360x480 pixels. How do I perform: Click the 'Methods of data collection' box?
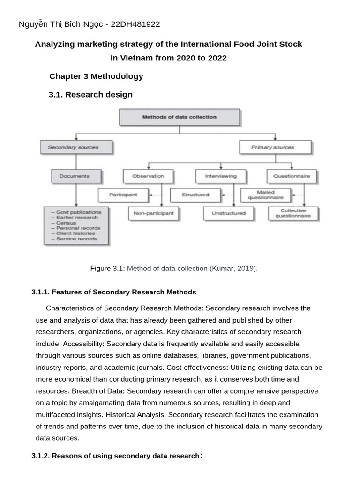pos(180,117)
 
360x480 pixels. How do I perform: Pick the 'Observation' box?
pos(148,176)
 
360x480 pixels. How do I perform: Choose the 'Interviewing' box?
pos(220,176)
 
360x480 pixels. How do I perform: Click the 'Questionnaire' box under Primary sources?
pos(292,176)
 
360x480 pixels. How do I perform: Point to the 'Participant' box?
pos(123,194)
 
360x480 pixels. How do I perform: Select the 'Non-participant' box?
pos(154,213)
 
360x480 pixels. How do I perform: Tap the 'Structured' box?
pos(195,194)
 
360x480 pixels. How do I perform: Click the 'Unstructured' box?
pos(228,213)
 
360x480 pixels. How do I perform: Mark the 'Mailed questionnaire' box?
pos(266,195)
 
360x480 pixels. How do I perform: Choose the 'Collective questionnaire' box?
pos(293,213)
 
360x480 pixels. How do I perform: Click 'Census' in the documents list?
pos(67,223)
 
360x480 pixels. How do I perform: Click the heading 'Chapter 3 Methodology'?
pos(96,76)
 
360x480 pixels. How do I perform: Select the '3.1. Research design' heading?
pos(90,94)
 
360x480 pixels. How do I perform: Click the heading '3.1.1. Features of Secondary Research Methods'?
pos(114,292)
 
